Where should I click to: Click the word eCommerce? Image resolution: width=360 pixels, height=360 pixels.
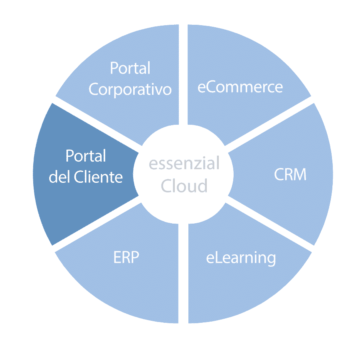(240, 87)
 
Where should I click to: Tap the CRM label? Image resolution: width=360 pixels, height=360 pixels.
(290, 174)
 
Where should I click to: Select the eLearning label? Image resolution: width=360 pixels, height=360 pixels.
(241, 258)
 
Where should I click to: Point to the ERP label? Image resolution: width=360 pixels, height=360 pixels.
(126, 257)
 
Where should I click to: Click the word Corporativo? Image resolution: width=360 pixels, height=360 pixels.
(130, 90)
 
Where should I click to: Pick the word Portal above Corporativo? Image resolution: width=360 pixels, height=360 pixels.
(130, 68)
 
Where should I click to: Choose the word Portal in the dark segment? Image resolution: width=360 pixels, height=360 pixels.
(86, 156)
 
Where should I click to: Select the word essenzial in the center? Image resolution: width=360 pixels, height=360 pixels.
(184, 163)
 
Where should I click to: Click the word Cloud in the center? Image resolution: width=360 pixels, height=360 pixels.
(184, 185)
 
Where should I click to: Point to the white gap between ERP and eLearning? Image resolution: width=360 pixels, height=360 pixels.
(184, 273)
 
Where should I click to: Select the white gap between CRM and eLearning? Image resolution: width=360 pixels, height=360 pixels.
(270, 224)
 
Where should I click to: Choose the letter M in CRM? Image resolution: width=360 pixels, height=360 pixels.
(300, 174)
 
